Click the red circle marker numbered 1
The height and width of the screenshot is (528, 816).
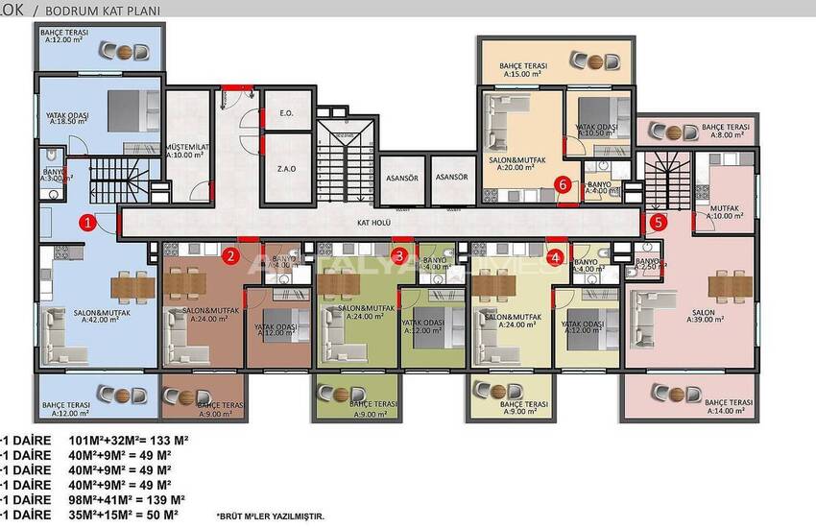coord(86,224)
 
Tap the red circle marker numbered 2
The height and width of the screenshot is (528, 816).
coord(230,255)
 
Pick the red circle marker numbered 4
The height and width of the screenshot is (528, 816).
coord(556,256)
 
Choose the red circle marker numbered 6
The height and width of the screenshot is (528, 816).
coord(564,186)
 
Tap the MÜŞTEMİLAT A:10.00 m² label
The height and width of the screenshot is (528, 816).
coord(187,148)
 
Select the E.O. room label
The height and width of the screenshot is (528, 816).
coord(286,114)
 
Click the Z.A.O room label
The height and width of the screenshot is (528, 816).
coord(286,168)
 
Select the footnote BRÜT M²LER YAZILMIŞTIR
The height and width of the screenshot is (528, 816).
coord(270,516)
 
